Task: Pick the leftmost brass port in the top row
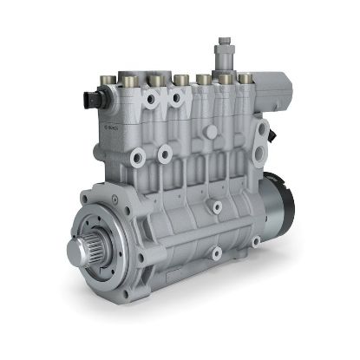click(x=107, y=82)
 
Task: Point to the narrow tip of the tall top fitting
click(x=224, y=41)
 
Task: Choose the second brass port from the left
click(x=130, y=82)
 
